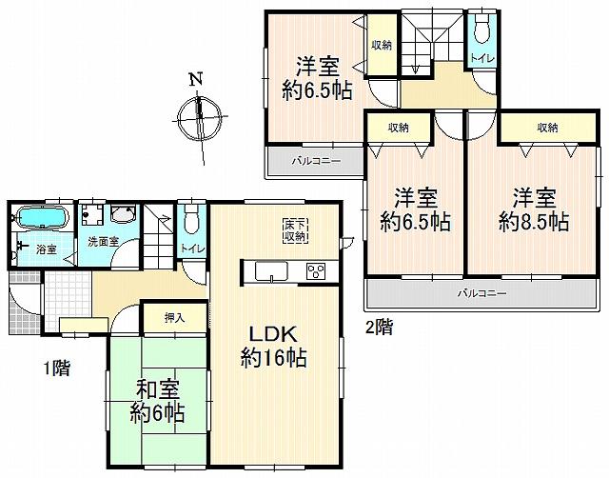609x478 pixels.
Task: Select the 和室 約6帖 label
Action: (x=157, y=403)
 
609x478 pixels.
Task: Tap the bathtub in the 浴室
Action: (x=40, y=218)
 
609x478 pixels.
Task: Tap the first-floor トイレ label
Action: (x=190, y=249)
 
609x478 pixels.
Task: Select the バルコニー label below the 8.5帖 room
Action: (x=481, y=292)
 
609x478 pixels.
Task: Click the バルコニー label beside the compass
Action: (x=316, y=162)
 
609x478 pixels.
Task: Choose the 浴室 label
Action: (x=45, y=249)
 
